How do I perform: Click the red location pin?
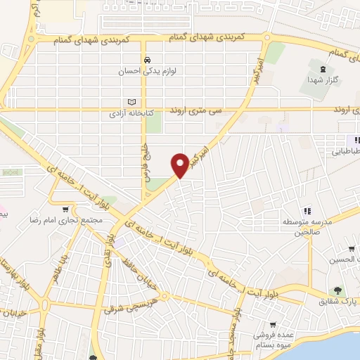coord(181,163)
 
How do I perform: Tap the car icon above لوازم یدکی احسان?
coord(147,60)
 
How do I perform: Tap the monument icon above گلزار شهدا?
coord(323,69)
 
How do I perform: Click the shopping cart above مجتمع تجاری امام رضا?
coord(65,209)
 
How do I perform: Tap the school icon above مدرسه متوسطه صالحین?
coord(307,211)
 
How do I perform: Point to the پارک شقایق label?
coord(345,300)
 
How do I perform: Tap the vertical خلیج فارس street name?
coord(148,160)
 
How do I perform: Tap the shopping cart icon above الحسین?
coord(351,249)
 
